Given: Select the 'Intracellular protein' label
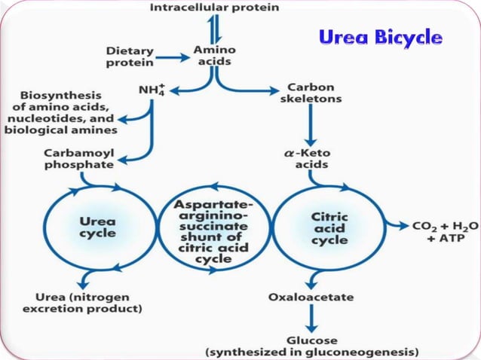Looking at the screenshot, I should [215, 8].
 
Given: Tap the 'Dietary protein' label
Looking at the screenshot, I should [129, 57].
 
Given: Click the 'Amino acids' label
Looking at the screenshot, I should [215, 55].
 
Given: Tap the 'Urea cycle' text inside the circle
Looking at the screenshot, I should [99, 227].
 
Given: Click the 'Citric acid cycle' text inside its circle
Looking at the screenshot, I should [329, 227].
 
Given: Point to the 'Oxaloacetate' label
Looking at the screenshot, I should [311, 297].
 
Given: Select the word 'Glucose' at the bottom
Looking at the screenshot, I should [311, 340].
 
